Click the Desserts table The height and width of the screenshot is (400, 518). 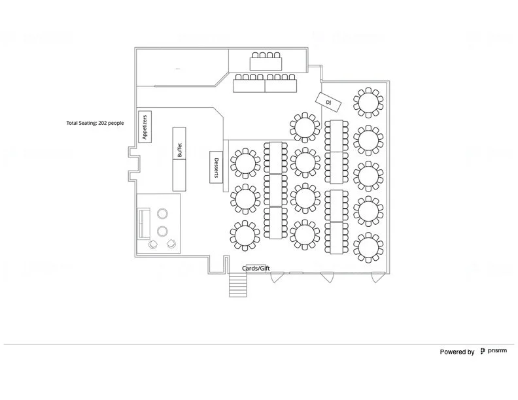(x=216, y=169)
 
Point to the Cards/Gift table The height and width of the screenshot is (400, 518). (x=256, y=269)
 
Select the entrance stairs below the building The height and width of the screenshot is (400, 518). (x=238, y=284)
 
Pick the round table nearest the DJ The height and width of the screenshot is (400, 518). (x=305, y=127)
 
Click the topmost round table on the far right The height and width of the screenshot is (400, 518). (x=368, y=102)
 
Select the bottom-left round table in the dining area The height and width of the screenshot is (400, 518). (x=245, y=235)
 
